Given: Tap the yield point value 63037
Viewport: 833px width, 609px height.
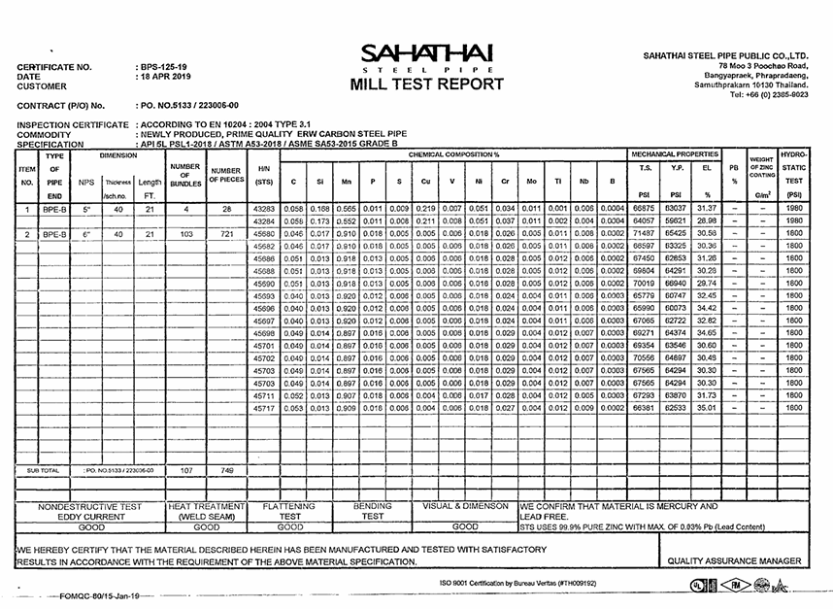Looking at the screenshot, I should [x=676, y=209].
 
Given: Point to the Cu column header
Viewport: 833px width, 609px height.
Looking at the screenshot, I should [x=424, y=181].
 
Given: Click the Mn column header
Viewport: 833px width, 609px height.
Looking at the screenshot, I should [x=346, y=181].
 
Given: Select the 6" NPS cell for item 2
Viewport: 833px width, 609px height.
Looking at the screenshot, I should [x=86, y=234].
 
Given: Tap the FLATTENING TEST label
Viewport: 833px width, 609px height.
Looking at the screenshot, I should [x=290, y=512].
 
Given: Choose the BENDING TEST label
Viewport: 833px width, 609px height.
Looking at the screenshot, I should [x=373, y=512].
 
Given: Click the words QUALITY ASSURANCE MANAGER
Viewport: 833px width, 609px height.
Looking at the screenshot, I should [x=733, y=561].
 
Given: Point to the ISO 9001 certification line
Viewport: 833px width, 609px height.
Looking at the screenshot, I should [x=516, y=583].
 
